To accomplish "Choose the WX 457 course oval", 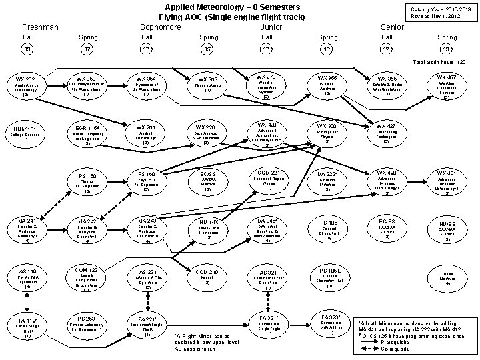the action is click(x=446, y=87).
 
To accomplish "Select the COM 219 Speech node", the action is click(x=207, y=277).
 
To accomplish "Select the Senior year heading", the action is click(x=391, y=27).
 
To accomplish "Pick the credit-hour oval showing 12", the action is click(x=387, y=49).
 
